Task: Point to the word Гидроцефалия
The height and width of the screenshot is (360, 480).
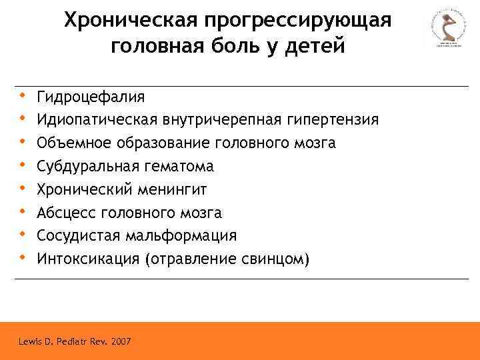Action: point(91,97)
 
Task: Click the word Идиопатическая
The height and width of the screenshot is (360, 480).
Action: point(97,120)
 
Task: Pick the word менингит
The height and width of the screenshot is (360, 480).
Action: point(173,189)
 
